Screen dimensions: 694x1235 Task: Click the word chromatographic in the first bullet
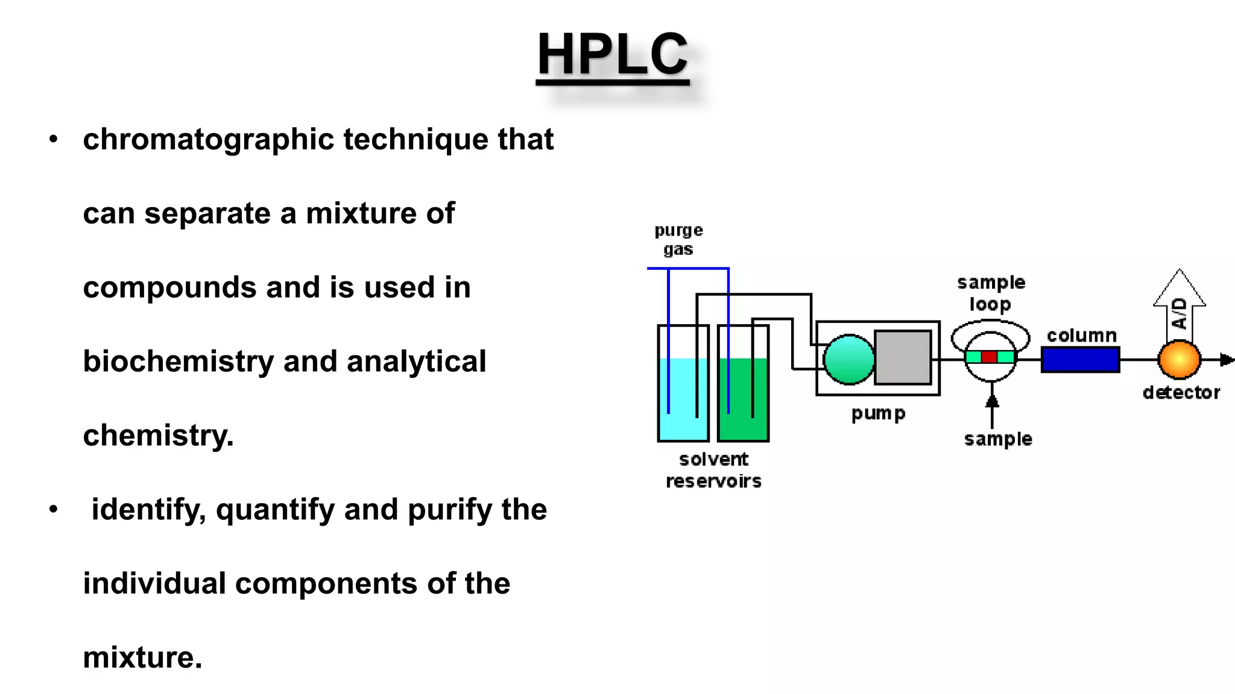click(x=208, y=140)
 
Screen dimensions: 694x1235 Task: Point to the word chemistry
click(x=158, y=436)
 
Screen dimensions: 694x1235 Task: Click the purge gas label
click(x=678, y=240)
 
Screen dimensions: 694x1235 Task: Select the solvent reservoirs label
click(x=713, y=470)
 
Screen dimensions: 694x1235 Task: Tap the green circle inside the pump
click(x=848, y=360)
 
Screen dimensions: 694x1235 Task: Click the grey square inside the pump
click(x=903, y=357)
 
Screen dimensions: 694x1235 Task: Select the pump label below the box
click(x=878, y=414)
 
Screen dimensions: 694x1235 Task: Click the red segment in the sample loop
click(x=989, y=357)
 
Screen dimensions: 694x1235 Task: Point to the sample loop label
click(x=991, y=293)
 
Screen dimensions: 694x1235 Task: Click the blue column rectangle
click(x=1080, y=360)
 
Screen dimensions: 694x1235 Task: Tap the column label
click(x=1081, y=336)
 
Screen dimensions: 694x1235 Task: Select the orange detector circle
click(x=1179, y=360)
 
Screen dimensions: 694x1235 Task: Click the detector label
click(x=1181, y=393)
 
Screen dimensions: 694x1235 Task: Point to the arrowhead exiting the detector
click(x=1227, y=360)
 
